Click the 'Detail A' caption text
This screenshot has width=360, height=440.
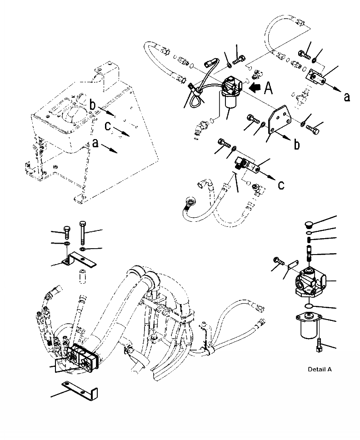pos(320,370)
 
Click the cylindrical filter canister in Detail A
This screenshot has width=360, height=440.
pos(310,328)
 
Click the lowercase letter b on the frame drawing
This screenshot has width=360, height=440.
pos(92,106)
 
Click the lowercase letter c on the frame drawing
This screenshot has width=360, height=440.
pos(108,127)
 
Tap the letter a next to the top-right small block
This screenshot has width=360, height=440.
pos(347,96)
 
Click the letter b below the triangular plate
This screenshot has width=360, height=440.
pos(296,145)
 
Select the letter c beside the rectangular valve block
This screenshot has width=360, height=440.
pos(281,185)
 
